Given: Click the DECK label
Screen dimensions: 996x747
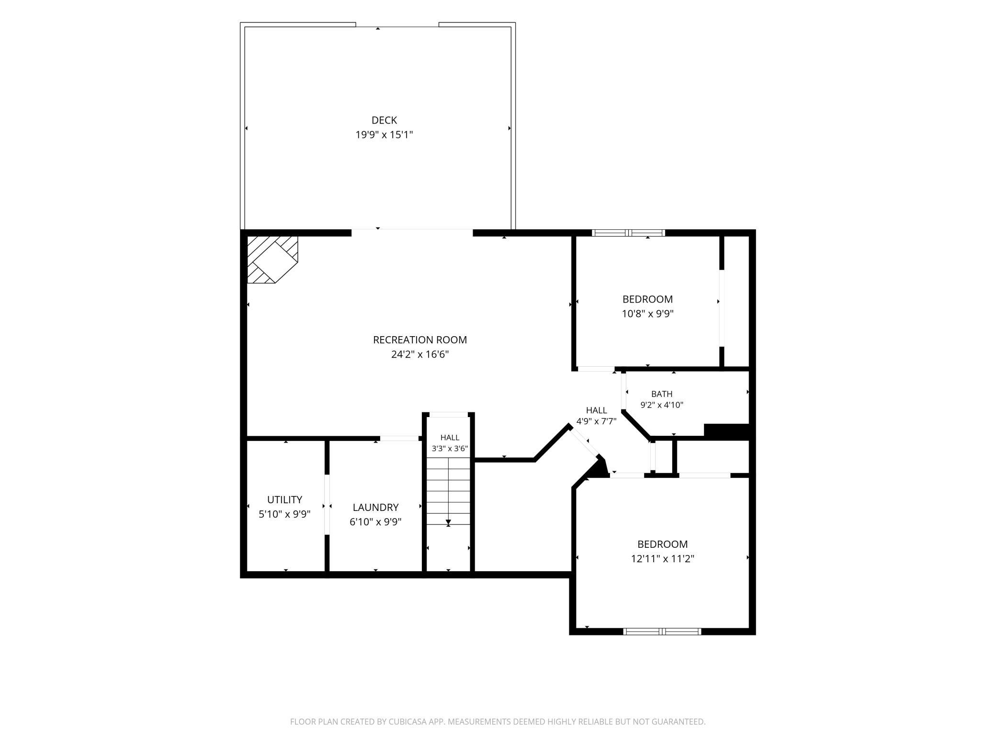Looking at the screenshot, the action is [x=384, y=120].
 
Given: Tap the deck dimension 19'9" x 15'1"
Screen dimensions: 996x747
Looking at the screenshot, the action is [x=384, y=135].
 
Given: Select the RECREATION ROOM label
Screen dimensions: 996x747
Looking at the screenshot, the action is [x=420, y=340].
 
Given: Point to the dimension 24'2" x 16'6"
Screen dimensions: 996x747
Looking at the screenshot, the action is [x=420, y=354].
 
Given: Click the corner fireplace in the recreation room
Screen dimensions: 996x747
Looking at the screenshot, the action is [x=272, y=259].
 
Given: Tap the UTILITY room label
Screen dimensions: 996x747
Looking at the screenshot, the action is [x=285, y=500].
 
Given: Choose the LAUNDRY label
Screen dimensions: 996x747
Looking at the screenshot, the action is [x=376, y=508].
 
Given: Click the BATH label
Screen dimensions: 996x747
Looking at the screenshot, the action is [x=662, y=394].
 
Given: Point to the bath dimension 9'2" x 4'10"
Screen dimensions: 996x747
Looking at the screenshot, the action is [x=662, y=405].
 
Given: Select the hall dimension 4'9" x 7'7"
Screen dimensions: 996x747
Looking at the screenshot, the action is [x=596, y=421].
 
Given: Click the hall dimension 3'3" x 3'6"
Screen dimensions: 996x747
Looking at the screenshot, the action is [x=450, y=449].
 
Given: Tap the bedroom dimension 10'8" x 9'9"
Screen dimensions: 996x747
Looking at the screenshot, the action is [x=648, y=314].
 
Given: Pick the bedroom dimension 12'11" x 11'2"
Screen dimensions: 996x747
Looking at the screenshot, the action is [x=663, y=559].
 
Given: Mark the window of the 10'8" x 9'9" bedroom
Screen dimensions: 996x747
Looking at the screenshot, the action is [x=629, y=233].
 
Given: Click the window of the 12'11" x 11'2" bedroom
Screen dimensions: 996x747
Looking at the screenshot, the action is [x=662, y=632].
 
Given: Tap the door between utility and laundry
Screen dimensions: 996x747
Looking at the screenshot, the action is [x=327, y=504].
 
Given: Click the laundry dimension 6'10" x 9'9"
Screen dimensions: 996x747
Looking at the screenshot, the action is [x=376, y=522].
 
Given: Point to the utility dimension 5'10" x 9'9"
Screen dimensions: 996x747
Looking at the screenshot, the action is [x=285, y=514].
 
